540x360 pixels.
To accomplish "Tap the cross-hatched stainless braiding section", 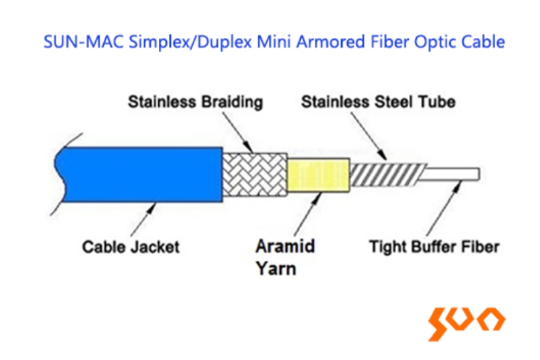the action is pyautogui.click(x=255, y=174).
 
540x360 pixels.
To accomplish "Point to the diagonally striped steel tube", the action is pyautogui.click(x=387, y=174).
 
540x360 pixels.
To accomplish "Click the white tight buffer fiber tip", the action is pyautogui.click(x=449, y=174).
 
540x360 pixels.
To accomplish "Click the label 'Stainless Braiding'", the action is pyautogui.click(x=195, y=102).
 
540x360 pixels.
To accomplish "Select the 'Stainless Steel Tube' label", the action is pyautogui.click(x=378, y=102).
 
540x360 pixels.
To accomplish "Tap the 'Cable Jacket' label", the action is pyautogui.click(x=131, y=247).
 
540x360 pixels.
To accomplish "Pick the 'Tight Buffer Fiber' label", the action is pyautogui.click(x=434, y=247).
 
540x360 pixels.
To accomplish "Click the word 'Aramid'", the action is pyautogui.click(x=285, y=246).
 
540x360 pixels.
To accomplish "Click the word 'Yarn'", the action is pyautogui.click(x=276, y=268).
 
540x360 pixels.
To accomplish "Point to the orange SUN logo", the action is pyautogui.click(x=467, y=323).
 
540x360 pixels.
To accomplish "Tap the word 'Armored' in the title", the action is pyautogui.click(x=330, y=42).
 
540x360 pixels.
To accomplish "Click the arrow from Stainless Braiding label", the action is pyautogui.click(x=238, y=133).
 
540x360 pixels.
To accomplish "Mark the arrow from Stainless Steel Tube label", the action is pyautogui.click(x=369, y=136).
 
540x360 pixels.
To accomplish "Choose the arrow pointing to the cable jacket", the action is pyautogui.click(x=143, y=219).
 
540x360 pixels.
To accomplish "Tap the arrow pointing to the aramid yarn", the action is pyautogui.click(x=308, y=213).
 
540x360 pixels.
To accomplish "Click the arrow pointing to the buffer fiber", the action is pyautogui.click(x=444, y=208).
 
